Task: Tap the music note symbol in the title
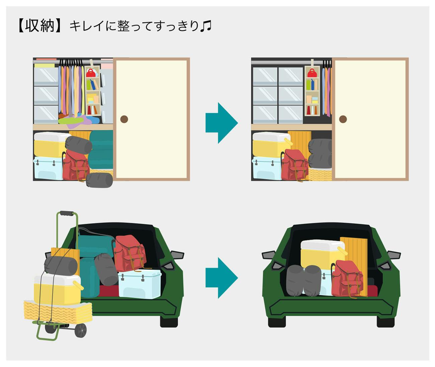(206, 26)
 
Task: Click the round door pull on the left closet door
(124, 119)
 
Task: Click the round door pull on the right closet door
(343, 119)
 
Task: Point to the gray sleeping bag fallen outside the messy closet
(99, 180)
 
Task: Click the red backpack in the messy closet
(76, 165)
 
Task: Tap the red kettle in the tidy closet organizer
(312, 73)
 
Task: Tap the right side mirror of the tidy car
(394, 255)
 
